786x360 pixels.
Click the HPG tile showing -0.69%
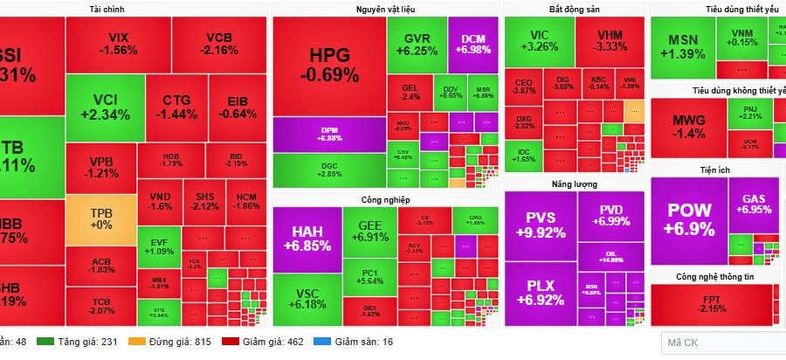click(x=329, y=65)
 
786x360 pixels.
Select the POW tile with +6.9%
click(x=688, y=219)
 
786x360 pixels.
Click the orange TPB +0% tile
click(x=101, y=218)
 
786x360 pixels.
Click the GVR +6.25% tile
click(x=417, y=45)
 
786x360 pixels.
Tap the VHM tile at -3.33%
click(x=610, y=41)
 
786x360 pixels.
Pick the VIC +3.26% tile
click(x=538, y=41)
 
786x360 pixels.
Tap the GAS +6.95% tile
click(x=754, y=204)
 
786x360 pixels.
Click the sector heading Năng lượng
click(x=575, y=183)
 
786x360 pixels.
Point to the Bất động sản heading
click(x=575, y=8)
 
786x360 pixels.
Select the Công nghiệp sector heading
click(x=385, y=200)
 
